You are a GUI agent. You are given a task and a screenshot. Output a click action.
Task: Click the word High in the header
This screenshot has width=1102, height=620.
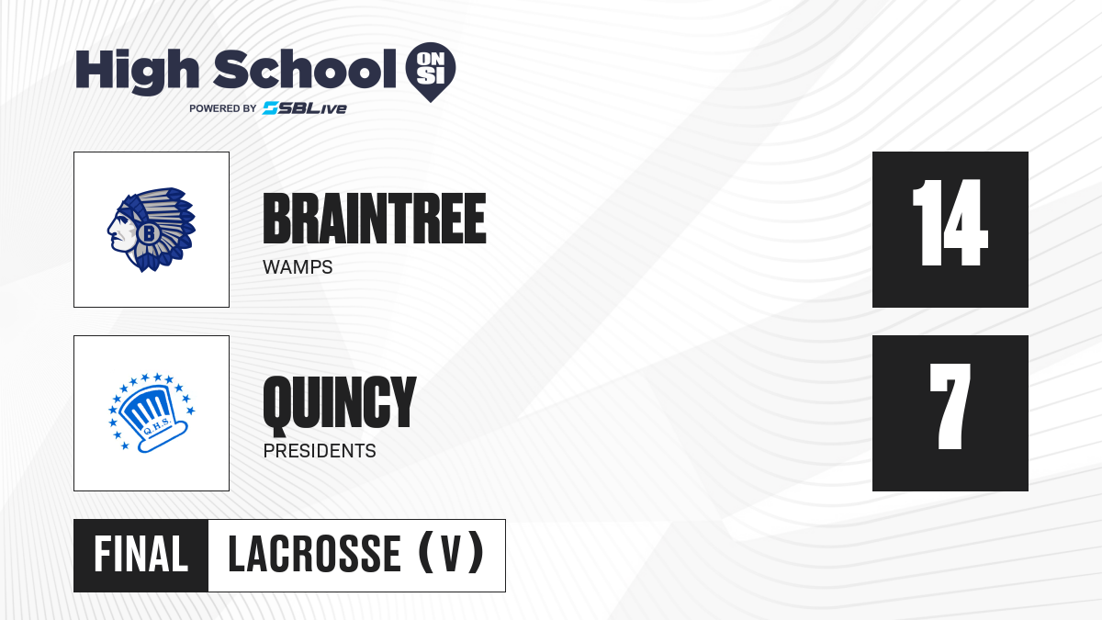click(x=137, y=72)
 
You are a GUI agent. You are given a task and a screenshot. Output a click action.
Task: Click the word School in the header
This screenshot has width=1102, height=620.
click(x=305, y=69)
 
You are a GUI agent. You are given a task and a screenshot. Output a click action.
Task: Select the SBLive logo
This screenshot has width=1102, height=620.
click(x=305, y=108)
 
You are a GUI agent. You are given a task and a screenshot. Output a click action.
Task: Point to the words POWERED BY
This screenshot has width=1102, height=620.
click(x=223, y=108)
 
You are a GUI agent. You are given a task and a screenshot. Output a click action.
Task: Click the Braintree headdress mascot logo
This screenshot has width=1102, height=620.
click(x=152, y=230)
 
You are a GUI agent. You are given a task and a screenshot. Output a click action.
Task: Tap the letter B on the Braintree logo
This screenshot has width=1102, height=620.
click(x=148, y=232)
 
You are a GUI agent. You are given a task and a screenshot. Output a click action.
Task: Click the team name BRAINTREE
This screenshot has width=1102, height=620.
click(x=375, y=219)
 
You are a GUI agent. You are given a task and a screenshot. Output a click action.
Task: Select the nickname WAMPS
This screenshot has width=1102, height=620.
click(x=298, y=267)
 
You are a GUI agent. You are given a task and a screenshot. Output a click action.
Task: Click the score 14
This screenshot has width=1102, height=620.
click(x=950, y=222)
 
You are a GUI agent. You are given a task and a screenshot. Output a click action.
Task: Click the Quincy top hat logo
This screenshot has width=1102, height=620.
click(x=152, y=412)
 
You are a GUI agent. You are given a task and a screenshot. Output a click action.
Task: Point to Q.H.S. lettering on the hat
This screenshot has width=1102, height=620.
click(x=157, y=426)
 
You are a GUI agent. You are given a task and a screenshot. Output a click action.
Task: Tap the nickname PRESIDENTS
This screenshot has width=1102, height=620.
click(x=320, y=451)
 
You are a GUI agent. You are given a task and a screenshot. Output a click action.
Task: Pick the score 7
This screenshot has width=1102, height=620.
click(x=950, y=406)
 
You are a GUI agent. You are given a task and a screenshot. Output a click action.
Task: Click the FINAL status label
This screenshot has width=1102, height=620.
click(x=141, y=555)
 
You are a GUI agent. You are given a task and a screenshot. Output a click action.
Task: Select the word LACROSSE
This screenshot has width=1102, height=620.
click(x=314, y=555)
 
